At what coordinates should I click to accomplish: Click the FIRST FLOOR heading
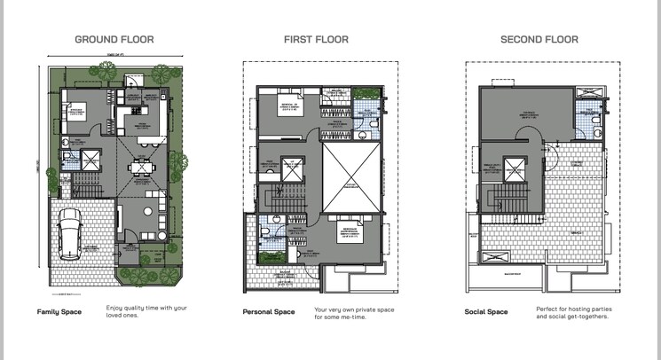pyautogui.click(x=316, y=39)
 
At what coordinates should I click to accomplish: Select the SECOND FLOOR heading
pyautogui.click(x=539, y=39)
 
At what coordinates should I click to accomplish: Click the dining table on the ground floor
pyautogui.click(x=138, y=167)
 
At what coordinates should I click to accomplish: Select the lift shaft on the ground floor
pyautogui.click(x=91, y=160)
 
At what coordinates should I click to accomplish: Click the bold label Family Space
pyautogui.click(x=60, y=312)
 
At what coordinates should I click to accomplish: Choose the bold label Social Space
pyautogui.click(x=486, y=312)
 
